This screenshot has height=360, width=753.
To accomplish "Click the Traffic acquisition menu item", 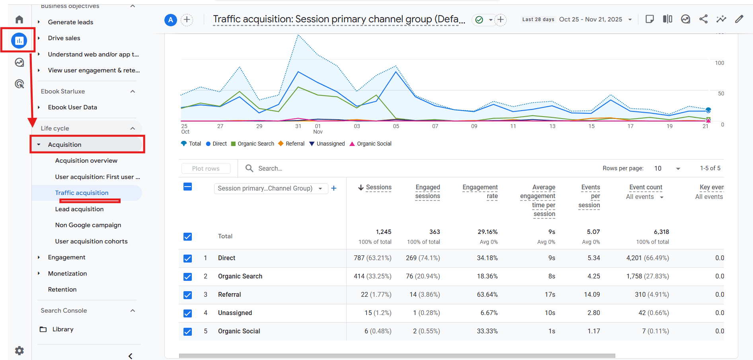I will pyautogui.click(x=82, y=193).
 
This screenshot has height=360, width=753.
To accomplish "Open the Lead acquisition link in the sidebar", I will pyautogui.click(x=79, y=209).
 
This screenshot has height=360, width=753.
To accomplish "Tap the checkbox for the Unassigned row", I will pyautogui.click(x=187, y=313).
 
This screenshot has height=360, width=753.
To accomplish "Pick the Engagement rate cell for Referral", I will pyautogui.click(x=487, y=295).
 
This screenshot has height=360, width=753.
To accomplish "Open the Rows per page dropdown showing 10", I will pyautogui.click(x=667, y=168).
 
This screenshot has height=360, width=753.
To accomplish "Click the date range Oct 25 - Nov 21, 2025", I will pyautogui.click(x=591, y=19).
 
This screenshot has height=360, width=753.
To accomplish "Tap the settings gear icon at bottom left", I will pyautogui.click(x=20, y=350).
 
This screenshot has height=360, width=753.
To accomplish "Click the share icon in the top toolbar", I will pyautogui.click(x=703, y=19).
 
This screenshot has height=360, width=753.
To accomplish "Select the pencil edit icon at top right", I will pyautogui.click(x=739, y=19).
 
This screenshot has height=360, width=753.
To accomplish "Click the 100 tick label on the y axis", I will pyautogui.click(x=719, y=63).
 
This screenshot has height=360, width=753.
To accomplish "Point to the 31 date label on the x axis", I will pyautogui.click(x=298, y=126).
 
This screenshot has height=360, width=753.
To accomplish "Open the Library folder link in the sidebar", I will pyautogui.click(x=62, y=329).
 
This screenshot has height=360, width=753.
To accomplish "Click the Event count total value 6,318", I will pyautogui.click(x=661, y=232).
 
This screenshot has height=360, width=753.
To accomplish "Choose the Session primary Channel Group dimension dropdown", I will pyautogui.click(x=270, y=188).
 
